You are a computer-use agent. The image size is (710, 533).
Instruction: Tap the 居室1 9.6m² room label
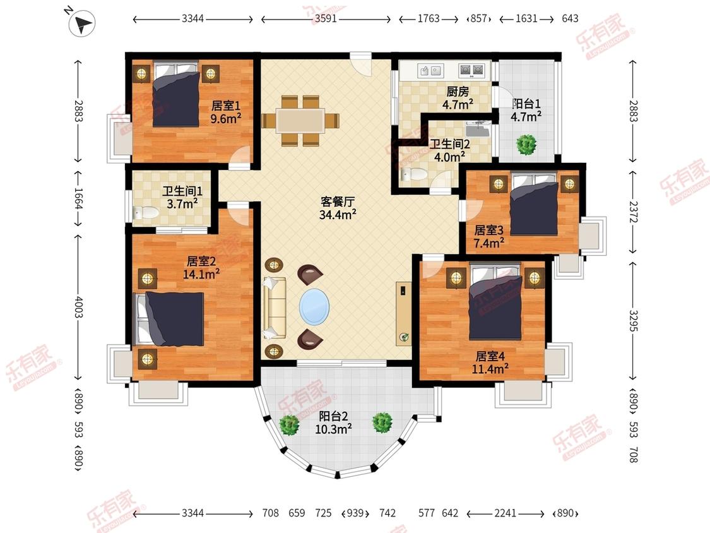click(x=226, y=111)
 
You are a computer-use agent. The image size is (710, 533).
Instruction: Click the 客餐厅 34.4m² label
click(x=338, y=208)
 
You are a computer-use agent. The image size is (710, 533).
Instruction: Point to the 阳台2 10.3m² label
click(x=334, y=422)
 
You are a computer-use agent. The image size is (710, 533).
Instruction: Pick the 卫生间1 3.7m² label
click(x=182, y=196)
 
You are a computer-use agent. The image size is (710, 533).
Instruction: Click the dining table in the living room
click(x=300, y=120)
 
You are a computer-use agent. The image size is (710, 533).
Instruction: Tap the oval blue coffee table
click(x=314, y=307)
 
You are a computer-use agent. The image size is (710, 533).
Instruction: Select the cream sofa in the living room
click(x=275, y=306)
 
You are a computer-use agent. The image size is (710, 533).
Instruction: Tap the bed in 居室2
click(x=170, y=318)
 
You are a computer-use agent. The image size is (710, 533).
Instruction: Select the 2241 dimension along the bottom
click(x=505, y=513)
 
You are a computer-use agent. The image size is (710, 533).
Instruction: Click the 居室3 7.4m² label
click(x=489, y=236)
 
